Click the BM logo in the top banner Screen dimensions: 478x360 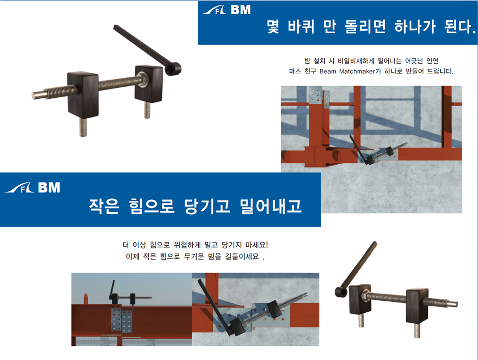pyautogui.click(x=226, y=10)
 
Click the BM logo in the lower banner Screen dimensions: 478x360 pyautogui.click(x=32, y=188)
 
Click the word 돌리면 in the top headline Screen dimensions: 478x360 pyautogui.click(x=365, y=27)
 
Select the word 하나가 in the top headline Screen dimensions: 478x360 pyautogui.click(x=415, y=27)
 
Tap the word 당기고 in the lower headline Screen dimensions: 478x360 pyautogui.click(x=207, y=206)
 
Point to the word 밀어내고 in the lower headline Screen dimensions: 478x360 pyautogui.click(x=271, y=206)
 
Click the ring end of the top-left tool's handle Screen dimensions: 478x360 pyautogui.click(x=173, y=69)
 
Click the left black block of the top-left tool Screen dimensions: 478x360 pyautogui.click(x=83, y=94)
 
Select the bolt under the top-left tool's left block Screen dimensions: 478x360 pyautogui.click(x=83, y=127)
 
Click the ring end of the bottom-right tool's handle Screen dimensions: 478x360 pyautogui.click(x=342, y=292)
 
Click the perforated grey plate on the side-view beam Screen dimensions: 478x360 pyautogui.click(x=122, y=320)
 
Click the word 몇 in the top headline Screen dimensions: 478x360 pyautogui.click(x=273, y=27)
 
